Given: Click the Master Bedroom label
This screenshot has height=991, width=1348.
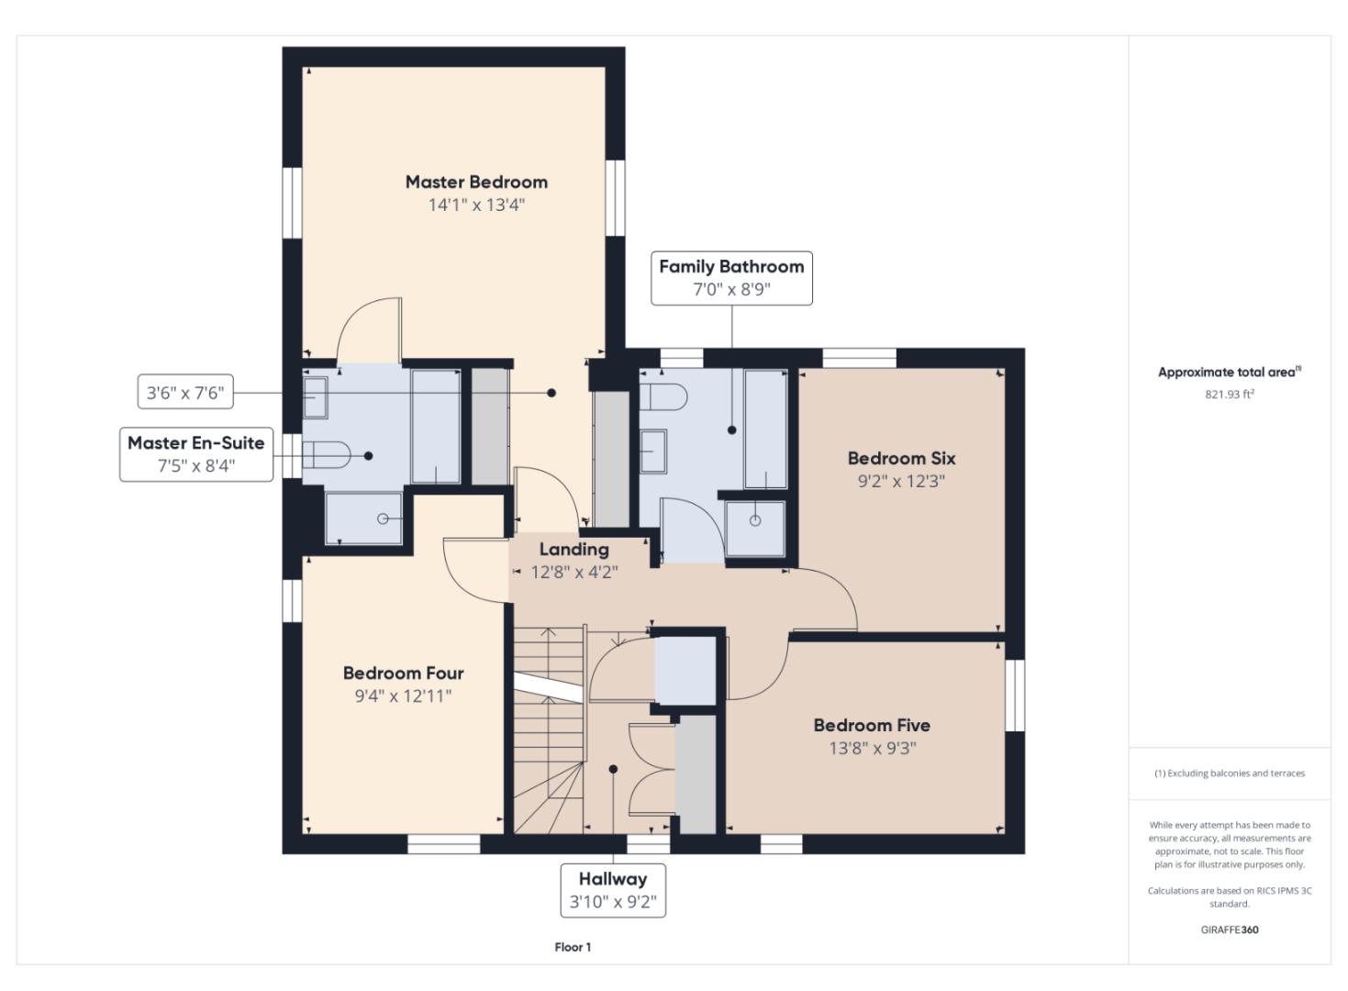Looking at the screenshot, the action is [476, 182].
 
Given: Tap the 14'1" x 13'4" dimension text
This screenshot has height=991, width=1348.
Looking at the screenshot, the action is [476, 206].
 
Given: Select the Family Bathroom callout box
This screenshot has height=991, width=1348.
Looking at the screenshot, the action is [731, 278].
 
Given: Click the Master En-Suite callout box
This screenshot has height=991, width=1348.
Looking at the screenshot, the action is [196, 454].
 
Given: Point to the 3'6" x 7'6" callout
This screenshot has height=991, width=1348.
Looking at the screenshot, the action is [185, 393].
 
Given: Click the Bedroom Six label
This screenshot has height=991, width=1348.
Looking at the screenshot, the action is [901, 459].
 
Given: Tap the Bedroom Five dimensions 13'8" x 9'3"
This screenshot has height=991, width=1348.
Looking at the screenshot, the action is [873, 748].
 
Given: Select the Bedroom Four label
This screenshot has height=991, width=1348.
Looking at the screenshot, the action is [403, 673].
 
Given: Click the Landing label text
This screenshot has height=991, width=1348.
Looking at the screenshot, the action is [574, 550].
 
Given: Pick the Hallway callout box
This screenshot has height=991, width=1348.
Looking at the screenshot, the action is [613, 890].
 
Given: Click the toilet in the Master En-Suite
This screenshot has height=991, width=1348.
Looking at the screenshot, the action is [326, 455].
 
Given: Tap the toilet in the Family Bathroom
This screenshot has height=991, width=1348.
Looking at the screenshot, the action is [663, 397].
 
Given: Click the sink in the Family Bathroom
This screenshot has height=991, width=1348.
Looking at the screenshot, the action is [653, 451].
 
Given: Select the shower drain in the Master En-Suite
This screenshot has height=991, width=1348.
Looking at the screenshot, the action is [383, 518].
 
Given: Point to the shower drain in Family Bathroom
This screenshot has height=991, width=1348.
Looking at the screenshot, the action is [755, 520].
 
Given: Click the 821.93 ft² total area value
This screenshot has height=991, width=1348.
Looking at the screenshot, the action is [1230, 395].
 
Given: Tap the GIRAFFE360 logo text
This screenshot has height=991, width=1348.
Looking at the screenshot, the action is [1230, 930].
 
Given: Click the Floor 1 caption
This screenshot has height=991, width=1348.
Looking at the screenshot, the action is [573, 947].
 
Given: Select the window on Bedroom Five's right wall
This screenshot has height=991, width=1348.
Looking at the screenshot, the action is [1015, 696].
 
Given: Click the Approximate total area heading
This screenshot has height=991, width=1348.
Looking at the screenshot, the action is [1230, 373].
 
